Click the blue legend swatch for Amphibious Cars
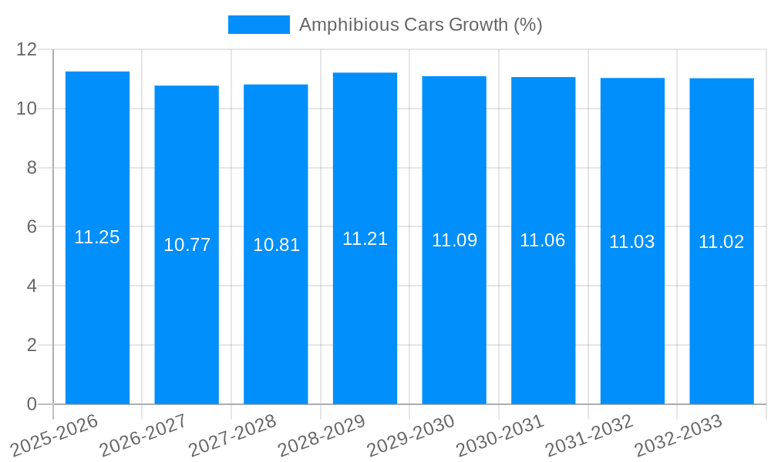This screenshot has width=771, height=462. click(259, 25)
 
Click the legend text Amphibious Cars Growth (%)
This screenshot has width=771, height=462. click(420, 25)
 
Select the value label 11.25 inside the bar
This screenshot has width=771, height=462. click(97, 237)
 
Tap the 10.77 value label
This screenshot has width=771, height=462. click(187, 245)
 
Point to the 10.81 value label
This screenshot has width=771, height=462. click(276, 245)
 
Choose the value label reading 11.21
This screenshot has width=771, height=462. click(365, 239)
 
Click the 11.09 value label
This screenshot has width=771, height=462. click(454, 240)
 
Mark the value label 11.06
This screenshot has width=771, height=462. click(543, 240)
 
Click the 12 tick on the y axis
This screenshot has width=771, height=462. click(27, 49)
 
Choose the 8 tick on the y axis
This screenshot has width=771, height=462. click(32, 168)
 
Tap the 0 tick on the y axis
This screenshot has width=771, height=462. click(32, 404)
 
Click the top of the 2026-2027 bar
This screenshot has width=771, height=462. click(187, 86)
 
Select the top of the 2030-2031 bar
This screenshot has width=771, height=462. click(543, 78)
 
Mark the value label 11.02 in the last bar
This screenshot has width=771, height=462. click(722, 242)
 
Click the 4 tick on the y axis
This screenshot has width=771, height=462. click(32, 286)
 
